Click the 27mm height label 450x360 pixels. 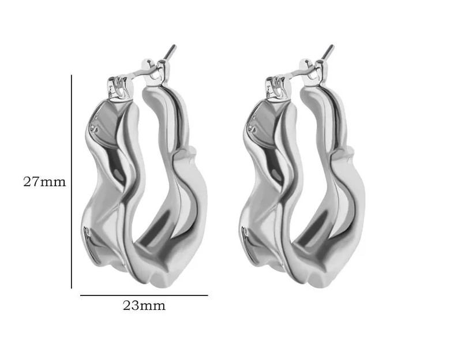(44, 182)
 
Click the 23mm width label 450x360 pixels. (144, 306)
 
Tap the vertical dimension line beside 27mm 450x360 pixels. (71, 181)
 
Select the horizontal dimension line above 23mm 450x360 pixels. (144, 295)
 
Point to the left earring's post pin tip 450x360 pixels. (174, 46)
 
